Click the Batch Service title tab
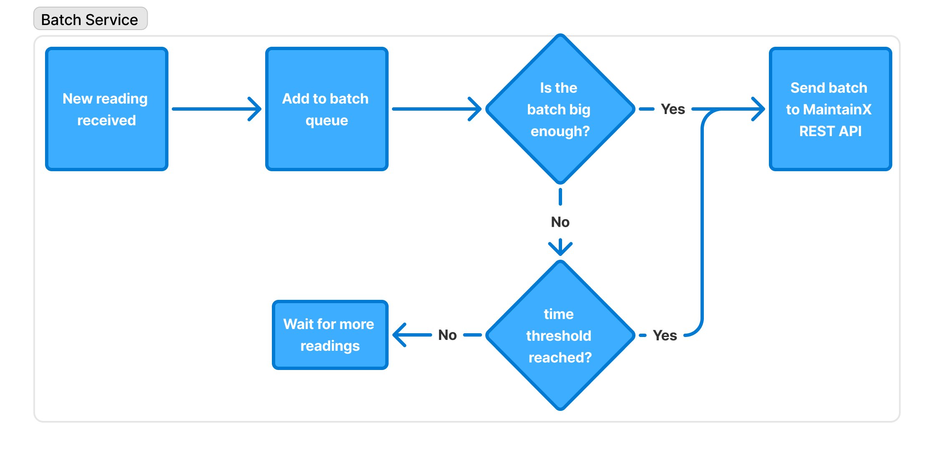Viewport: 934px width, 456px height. [x=90, y=19]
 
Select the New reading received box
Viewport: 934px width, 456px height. [x=107, y=109]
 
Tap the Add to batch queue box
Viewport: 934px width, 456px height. [x=326, y=109]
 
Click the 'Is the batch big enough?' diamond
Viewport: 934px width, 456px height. [x=560, y=109]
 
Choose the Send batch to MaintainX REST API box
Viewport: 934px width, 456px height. [x=830, y=109]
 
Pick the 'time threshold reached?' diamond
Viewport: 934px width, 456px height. [x=560, y=335]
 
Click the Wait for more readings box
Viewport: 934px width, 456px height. [x=330, y=335]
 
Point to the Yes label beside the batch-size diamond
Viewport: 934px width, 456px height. [x=673, y=109]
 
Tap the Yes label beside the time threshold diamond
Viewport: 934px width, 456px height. [x=665, y=335]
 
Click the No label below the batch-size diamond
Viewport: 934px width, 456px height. [x=560, y=222]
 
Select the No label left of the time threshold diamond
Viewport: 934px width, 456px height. [x=447, y=335]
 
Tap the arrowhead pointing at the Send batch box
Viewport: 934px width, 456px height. [x=759, y=109]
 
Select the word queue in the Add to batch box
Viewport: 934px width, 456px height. [x=326, y=120]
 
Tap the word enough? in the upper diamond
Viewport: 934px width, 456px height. [x=560, y=131]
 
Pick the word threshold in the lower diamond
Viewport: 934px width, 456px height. [x=559, y=336]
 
